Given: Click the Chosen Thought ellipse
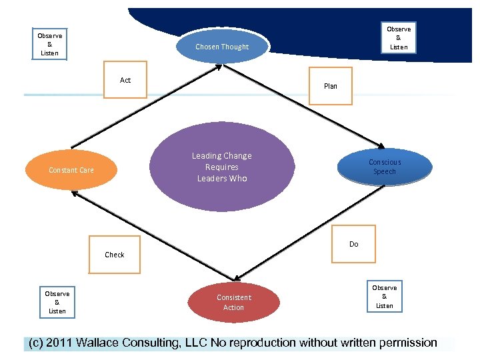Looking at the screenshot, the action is point(223,47).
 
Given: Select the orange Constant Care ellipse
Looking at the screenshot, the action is point(71,169).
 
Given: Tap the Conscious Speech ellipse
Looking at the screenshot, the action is point(385,167).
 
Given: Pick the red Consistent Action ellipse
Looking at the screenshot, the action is point(233,302).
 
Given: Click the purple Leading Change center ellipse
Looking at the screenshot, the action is point(222,167).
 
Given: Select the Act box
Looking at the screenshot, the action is point(125,79).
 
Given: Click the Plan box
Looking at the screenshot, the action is point(331,86).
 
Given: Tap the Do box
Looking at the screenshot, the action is point(353,244).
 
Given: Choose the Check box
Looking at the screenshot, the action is point(115,255).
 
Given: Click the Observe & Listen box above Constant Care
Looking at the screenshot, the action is point(49,44).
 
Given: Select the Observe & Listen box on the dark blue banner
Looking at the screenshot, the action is point(399,38).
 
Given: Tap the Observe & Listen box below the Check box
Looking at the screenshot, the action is point(57,302).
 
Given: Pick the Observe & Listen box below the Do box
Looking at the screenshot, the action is point(385,296).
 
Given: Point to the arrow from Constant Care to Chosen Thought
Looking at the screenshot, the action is point(146,107).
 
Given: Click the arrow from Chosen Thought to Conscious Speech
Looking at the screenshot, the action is point(304,106).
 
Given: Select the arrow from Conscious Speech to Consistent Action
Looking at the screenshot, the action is point(309,233).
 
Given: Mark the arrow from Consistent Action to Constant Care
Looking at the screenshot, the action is point(153,236).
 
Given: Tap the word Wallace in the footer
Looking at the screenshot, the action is point(97,343).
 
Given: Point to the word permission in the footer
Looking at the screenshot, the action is point(408,343).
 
